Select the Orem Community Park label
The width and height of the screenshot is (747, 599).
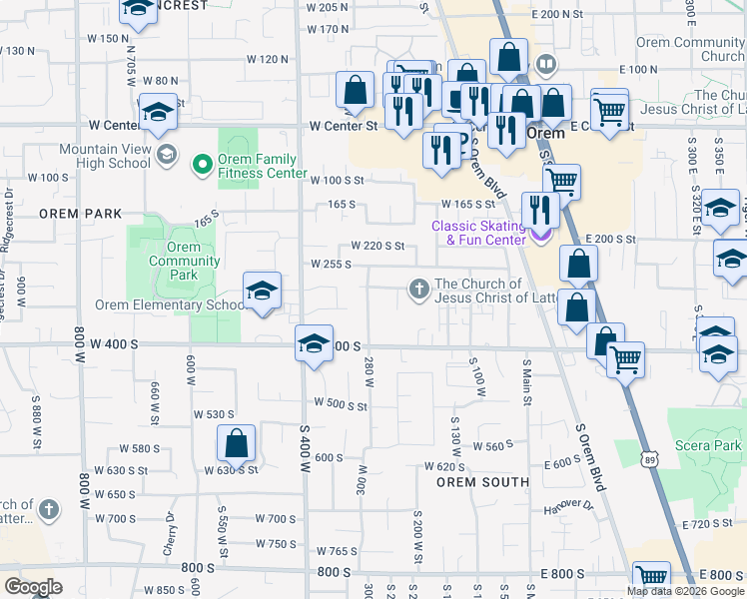click(184, 255)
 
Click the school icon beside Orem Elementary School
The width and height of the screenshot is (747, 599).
click(263, 292)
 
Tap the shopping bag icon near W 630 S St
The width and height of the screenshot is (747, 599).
click(236, 444)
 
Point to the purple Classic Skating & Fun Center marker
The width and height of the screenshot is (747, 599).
click(540, 234)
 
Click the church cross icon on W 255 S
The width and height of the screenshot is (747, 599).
click(419, 291)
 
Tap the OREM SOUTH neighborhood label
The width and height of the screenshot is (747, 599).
click(482, 482)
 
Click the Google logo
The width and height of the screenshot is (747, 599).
click(32, 587)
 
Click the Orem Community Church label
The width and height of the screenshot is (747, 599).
click(694, 49)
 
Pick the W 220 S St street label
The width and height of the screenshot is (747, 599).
click(376, 246)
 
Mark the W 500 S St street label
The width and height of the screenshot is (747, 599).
click(341, 405)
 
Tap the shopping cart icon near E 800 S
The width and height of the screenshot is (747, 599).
click(651, 577)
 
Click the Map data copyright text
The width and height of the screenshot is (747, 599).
click(685, 591)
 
